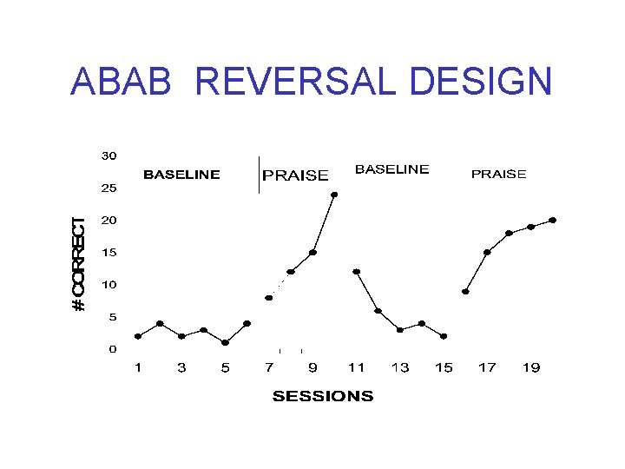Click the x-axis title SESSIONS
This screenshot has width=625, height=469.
click(x=323, y=397)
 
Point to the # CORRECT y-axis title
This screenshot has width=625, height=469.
click(x=79, y=265)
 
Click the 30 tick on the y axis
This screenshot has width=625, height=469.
click(x=108, y=156)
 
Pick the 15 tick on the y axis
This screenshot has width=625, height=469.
click(x=108, y=253)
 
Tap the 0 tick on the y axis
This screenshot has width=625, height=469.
click(x=112, y=349)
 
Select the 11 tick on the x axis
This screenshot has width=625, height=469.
click(x=356, y=368)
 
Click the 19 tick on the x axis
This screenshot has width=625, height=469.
click(x=530, y=368)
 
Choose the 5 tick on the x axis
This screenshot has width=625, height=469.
click(x=225, y=368)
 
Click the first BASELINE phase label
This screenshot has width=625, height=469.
click(x=181, y=175)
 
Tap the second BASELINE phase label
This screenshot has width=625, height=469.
click(x=391, y=169)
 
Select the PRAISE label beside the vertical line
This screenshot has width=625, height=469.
click(x=295, y=175)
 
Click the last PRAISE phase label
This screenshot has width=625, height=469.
click(x=498, y=175)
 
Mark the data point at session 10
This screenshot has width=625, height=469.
click(x=334, y=195)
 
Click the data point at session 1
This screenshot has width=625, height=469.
click(x=138, y=336)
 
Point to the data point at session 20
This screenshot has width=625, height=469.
click(x=552, y=220)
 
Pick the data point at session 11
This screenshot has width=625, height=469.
click(x=356, y=272)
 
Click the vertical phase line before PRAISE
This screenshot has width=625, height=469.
click(x=259, y=175)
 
